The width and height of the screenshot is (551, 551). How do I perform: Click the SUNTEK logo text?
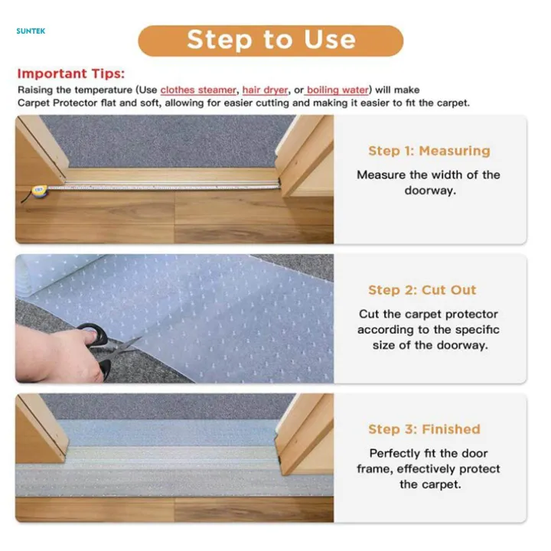click(31, 31)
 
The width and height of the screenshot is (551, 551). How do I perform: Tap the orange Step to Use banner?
click(270, 40)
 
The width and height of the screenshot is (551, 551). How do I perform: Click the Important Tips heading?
click(70, 74)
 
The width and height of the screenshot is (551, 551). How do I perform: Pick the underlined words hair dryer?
click(265, 90)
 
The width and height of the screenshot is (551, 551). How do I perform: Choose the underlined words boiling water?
click(337, 90)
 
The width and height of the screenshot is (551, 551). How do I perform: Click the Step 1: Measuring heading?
click(429, 151)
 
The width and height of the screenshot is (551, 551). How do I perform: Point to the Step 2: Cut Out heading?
click(422, 290)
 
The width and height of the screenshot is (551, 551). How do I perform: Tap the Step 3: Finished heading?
click(424, 429)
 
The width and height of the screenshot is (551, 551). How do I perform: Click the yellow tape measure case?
click(37, 191)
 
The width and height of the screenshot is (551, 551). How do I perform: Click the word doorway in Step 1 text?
click(429, 191)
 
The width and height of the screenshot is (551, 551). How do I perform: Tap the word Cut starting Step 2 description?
click(370, 314)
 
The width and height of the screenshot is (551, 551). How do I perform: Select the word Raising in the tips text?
click(36, 90)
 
